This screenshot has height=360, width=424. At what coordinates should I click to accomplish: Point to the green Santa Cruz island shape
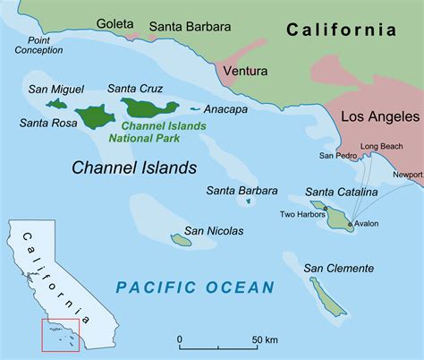coord(149,108)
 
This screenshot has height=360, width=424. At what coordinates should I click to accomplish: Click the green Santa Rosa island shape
coord(94,116)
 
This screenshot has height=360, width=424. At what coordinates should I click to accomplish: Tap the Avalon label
coord(367,224)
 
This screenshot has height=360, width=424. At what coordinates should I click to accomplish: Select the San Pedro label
coord(337,156)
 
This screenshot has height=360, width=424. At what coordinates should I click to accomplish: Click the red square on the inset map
coord(61,331)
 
